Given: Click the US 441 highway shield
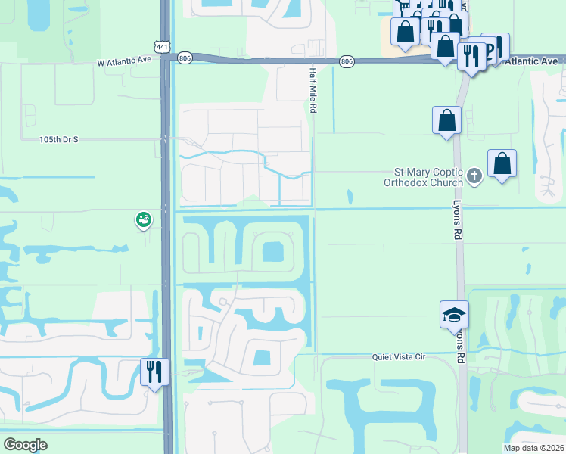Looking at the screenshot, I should coord(163,47).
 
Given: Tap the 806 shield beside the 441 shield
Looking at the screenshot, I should coord(185,58).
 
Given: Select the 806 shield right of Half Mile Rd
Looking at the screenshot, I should coord(347,61).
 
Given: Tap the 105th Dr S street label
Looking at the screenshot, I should coord(60,140).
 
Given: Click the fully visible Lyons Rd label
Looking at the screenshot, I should coord(456,220).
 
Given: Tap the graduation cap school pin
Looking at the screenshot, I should coord(454,315).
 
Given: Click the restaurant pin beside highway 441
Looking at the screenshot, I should coord(154,372).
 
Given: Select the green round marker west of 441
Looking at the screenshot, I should coord(143,220).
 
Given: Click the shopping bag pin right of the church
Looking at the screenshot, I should coord(502,163).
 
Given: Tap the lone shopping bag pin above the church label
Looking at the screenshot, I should coord(446,120).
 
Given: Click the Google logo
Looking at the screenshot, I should coord(25,444).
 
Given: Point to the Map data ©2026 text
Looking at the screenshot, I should coord(533,448).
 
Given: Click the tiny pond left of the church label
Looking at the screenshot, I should coord(350,197).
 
